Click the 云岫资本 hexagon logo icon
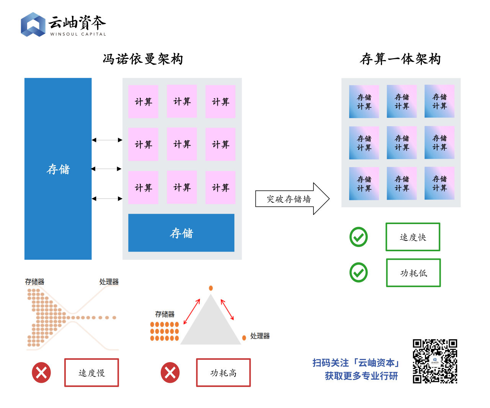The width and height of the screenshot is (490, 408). tap(33, 24)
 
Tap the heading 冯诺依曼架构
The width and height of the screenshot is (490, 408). tap(143, 59)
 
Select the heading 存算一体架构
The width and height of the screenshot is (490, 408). tap(400, 59)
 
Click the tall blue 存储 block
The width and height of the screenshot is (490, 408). tap(58, 169)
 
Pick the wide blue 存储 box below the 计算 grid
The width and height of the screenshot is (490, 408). tap(181, 232)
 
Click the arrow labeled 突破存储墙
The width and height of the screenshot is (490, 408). tap(292, 199)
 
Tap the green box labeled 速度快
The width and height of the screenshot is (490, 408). tap(413, 237)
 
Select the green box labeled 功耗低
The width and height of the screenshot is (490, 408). tap(413, 273)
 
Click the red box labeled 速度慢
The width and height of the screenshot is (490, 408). tap(91, 372)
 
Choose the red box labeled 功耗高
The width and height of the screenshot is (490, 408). tap(223, 372)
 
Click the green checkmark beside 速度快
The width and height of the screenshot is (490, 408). tap(359, 237)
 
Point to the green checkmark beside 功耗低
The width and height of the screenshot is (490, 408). tap(359, 273)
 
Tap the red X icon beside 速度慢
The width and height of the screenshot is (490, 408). tap(41, 372)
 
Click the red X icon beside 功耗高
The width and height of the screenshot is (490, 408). tap(170, 372)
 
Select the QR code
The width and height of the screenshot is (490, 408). tap(435, 361)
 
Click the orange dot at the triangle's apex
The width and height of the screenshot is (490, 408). tap(211, 288)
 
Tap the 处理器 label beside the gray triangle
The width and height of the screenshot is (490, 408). tap(260, 336)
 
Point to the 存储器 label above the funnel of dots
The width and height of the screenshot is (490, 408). tap(34, 282)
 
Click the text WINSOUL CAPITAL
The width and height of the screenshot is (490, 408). tap(78, 34)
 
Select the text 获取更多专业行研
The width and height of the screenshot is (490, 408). tap(361, 376)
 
